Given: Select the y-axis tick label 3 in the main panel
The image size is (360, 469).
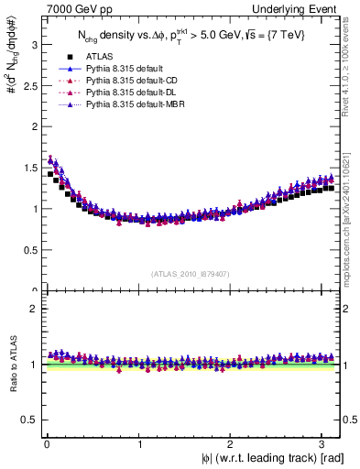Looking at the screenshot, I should point(33,44).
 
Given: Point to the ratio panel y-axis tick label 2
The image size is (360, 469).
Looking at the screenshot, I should point(33,309).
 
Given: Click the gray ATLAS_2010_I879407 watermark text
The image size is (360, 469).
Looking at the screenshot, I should point(191,274).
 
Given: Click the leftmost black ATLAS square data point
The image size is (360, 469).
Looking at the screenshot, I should point(49,173).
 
